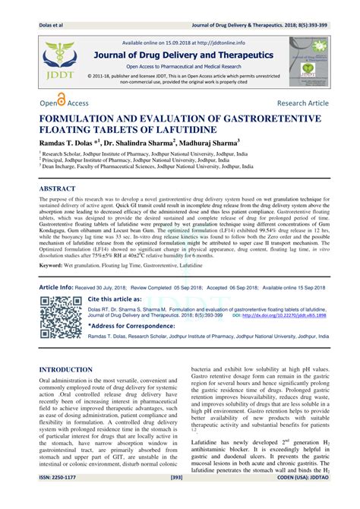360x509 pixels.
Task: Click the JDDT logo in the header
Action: [56, 59]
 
